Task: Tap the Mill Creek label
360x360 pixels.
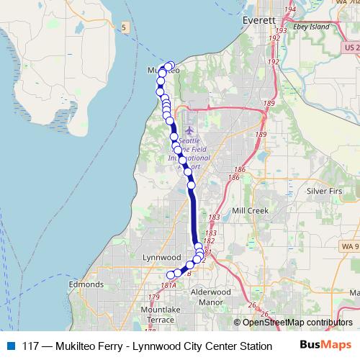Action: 248,211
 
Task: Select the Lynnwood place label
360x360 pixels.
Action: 161,257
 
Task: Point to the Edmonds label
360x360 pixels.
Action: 86,285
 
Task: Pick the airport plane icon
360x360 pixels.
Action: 189,131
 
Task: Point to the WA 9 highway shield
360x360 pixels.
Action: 348,245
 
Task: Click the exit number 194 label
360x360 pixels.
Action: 290,9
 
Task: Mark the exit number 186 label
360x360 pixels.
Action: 233,177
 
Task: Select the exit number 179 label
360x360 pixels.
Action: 153,297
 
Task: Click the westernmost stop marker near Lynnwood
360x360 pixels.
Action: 171,274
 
